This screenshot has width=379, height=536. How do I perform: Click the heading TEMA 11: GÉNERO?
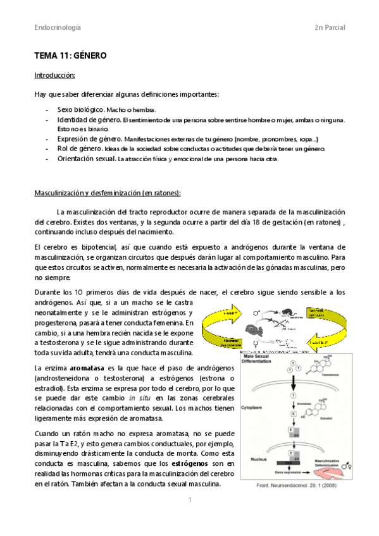click(70, 56)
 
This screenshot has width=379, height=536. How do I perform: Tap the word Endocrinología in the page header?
click(58, 28)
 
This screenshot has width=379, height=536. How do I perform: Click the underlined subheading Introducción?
click(54, 75)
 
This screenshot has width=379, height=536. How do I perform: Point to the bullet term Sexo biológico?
click(80, 110)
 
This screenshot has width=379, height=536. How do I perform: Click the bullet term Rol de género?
click(80, 149)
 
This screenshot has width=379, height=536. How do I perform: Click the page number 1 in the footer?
click(189, 500)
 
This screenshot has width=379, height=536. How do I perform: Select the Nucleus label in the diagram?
click(252, 453)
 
